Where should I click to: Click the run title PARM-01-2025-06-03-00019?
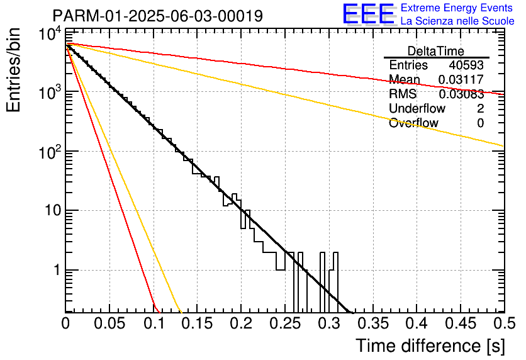pos(158,16)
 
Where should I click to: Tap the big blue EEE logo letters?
pos(368,14)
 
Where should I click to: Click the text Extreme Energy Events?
pos(457,8)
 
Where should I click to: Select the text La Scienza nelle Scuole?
pos(457,21)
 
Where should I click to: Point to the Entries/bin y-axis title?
pos(13,70)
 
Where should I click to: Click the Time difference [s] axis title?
pos(430,346)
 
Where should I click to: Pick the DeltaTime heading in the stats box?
pos(436,51)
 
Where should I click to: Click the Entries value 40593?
pos(466,65)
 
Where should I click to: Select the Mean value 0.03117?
pos(461,79)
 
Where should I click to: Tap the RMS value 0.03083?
pos(461,94)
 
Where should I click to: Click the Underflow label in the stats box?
pos(417,108)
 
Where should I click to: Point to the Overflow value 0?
pos(480,123)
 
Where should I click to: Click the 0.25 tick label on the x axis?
pos(285,323)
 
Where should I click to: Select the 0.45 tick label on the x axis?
pos(461,323)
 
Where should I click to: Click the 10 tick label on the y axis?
pos(53,211)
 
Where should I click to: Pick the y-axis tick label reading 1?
pos(57,270)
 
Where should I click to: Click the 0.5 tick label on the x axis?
pos(505,323)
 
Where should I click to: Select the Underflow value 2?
pos(480,108)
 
